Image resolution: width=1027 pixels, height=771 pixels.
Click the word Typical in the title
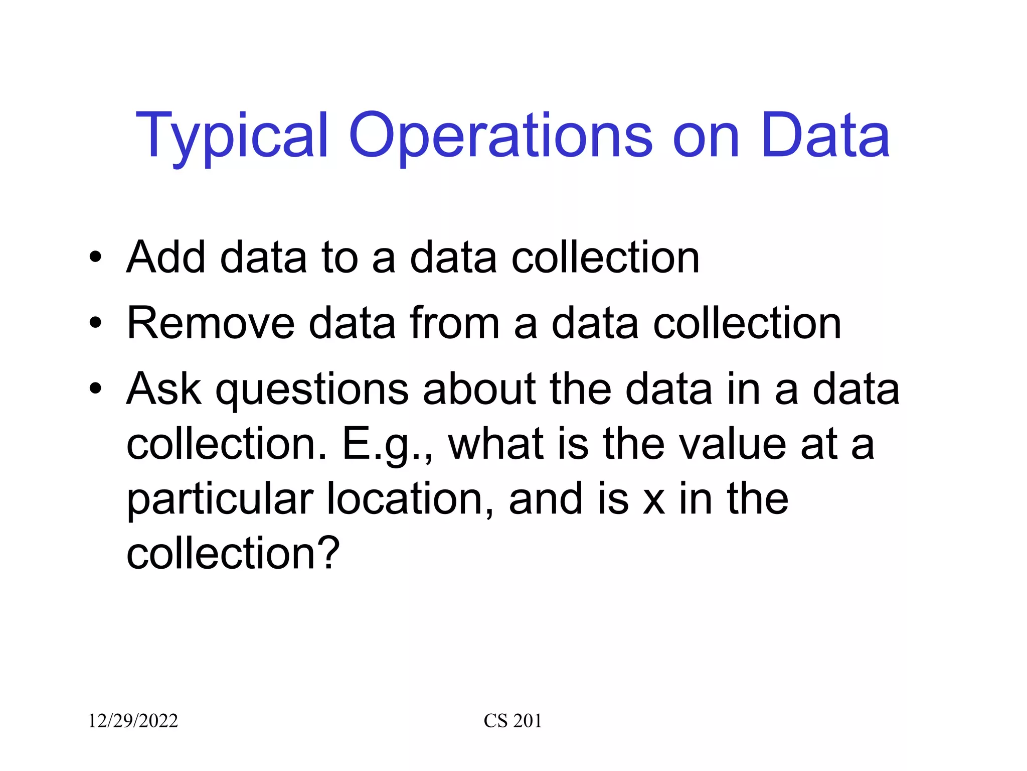pos(232,137)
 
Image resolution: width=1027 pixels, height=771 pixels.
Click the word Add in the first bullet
pos(166,257)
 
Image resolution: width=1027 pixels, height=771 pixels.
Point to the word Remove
pos(211,323)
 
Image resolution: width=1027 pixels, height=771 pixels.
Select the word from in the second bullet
pos(454,323)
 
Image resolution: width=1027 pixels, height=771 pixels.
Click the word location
pos(410,499)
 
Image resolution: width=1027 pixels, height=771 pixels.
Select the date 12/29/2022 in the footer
pos(133,721)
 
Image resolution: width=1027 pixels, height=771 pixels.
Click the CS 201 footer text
pos(512,721)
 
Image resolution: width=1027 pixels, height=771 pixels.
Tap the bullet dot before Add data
pos(95,258)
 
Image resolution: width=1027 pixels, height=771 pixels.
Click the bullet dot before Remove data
pos(95,324)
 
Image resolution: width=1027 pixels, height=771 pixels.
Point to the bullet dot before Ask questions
pos(95,390)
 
